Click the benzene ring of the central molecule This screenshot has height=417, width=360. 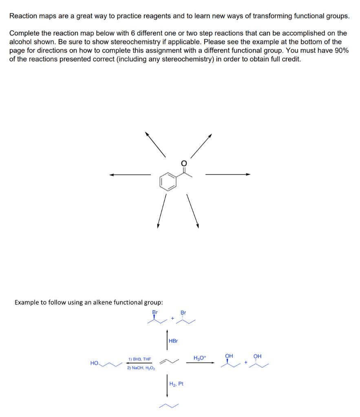click(168, 181)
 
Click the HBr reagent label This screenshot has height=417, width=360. click(173, 340)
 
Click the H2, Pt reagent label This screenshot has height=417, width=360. click(177, 384)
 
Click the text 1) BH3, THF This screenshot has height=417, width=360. click(139, 359)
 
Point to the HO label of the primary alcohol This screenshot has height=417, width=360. click(95, 362)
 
